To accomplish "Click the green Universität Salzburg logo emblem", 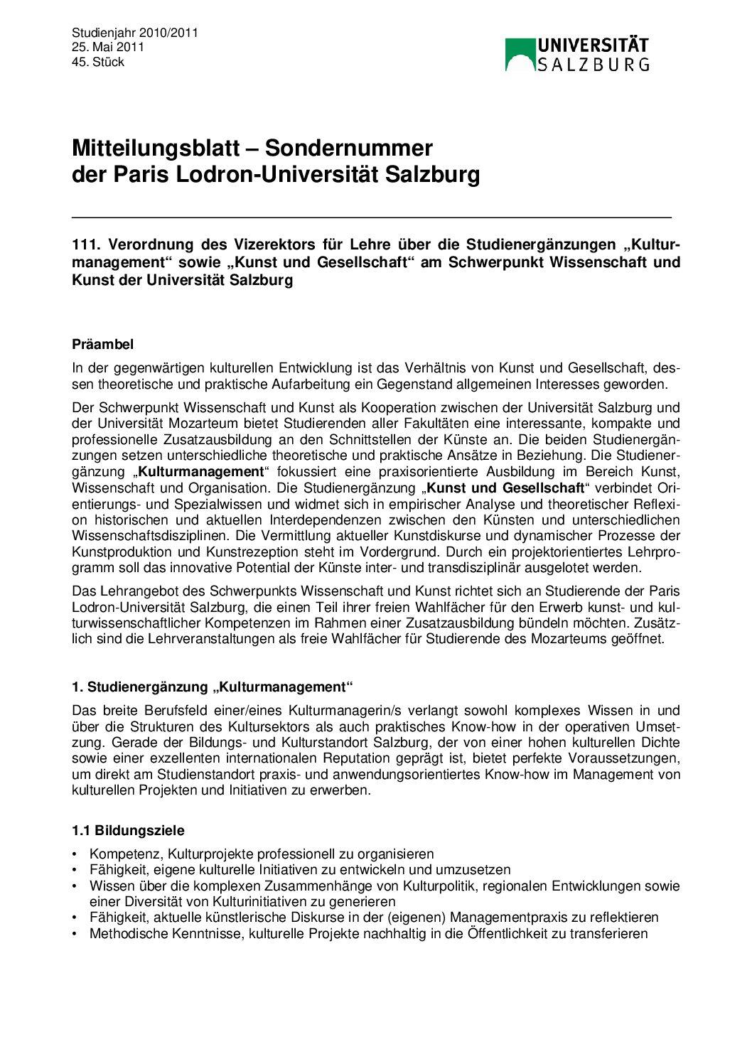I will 520,54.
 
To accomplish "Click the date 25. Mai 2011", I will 108,47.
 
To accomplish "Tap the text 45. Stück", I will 98,62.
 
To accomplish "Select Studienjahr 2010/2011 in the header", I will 135,33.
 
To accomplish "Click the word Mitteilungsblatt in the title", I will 156,148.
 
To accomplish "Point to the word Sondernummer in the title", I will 348,148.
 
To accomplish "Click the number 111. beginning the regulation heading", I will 85,244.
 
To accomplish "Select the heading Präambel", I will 102,344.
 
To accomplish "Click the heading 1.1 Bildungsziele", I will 128,830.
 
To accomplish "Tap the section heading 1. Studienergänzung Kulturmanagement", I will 213,687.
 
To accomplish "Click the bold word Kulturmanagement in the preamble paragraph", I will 200,471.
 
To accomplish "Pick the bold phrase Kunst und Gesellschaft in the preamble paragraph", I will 505,488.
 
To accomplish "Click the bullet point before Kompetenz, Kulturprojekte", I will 75,854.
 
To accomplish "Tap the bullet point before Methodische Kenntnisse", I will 75,934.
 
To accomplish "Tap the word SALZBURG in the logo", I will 593,65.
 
